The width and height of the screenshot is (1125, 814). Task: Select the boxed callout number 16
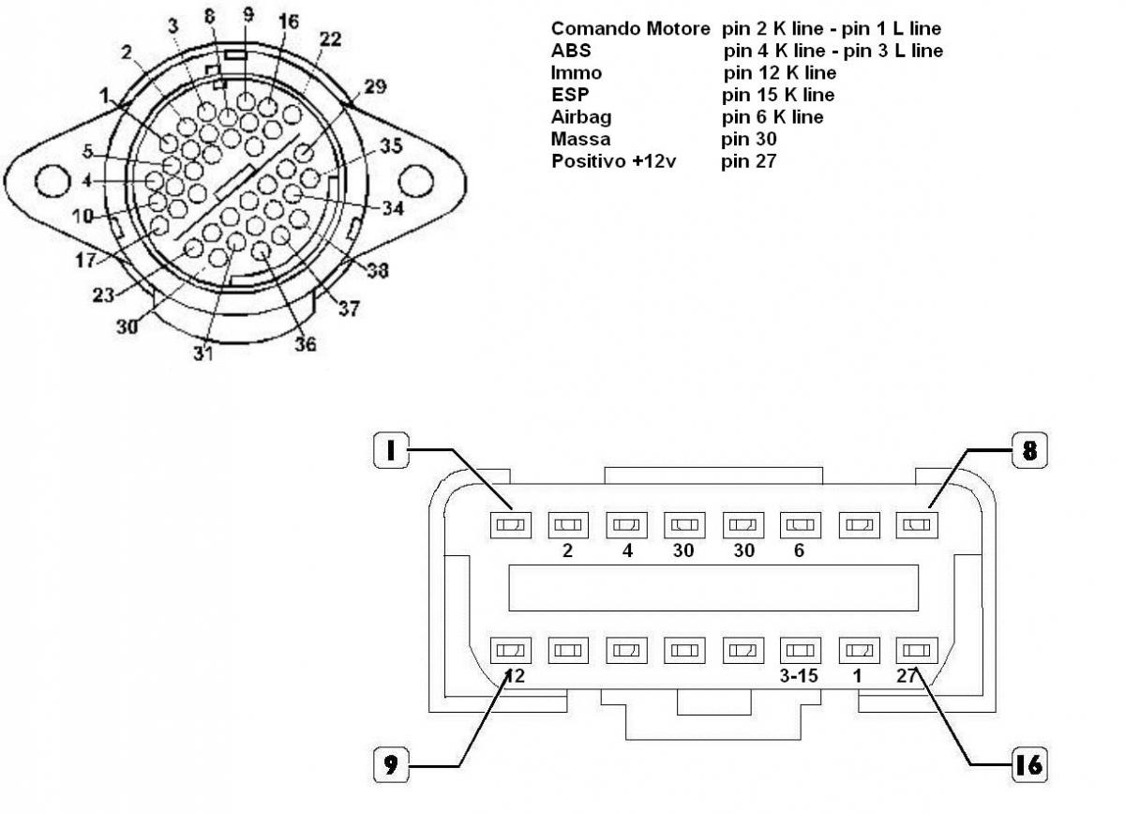(1028, 764)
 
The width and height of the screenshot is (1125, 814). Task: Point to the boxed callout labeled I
(388, 451)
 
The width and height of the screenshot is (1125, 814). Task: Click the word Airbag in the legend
(577, 117)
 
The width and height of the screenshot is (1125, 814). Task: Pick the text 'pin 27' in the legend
(749, 161)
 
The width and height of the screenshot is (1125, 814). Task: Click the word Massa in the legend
(580, 139)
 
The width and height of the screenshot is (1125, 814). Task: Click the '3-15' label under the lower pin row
(800, 675)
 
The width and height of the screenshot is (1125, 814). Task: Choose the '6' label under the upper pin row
(799, 551)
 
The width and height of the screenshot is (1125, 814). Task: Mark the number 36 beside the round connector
(305, 344)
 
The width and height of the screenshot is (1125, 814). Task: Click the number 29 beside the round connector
(375, 86)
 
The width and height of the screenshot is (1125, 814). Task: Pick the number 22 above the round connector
(330, 39)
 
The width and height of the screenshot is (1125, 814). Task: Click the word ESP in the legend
(568, 95)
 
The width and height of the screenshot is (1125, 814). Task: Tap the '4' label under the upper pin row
(627, 551)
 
